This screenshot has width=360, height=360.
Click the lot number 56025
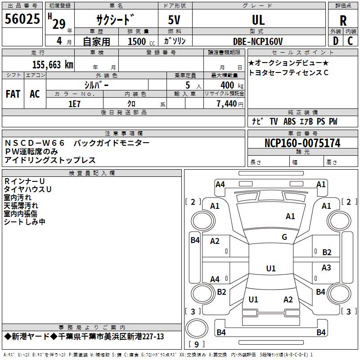(22, 19)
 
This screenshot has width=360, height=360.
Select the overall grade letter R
(343, 21)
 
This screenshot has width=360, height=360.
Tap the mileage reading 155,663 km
(53, 65)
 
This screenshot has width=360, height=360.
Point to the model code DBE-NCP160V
(258, 41)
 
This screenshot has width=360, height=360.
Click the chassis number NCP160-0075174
(302, 143)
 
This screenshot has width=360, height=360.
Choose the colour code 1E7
(74, 104)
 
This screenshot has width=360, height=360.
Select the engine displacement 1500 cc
(141, 41)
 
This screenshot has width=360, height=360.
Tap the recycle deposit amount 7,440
(227, 104)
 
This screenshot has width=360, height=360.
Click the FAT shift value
(13, 94)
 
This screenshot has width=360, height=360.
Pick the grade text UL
(258, 20)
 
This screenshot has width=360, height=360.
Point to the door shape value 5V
(174, 20)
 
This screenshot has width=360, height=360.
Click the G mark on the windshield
(284, 237)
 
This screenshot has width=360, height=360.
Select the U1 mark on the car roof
(271, 268)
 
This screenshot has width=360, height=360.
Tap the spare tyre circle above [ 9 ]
(197, 328)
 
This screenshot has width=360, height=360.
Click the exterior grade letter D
(336, 41)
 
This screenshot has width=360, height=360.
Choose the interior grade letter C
(350, 41)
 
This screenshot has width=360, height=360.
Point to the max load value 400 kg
(232, 85)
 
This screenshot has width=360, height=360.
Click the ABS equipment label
(289, 121)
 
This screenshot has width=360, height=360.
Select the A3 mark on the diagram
(326, 267)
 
